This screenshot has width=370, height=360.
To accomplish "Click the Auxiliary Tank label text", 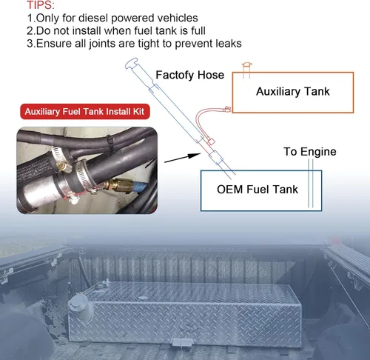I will tap(292, 92).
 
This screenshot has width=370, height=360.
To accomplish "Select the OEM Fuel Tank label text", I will tap(258, 189).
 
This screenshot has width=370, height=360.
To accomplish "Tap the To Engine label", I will tap(310, 152).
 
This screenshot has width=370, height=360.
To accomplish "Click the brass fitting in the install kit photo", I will tap(118, 183).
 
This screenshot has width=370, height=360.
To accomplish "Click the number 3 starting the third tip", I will tap(30, 44).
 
